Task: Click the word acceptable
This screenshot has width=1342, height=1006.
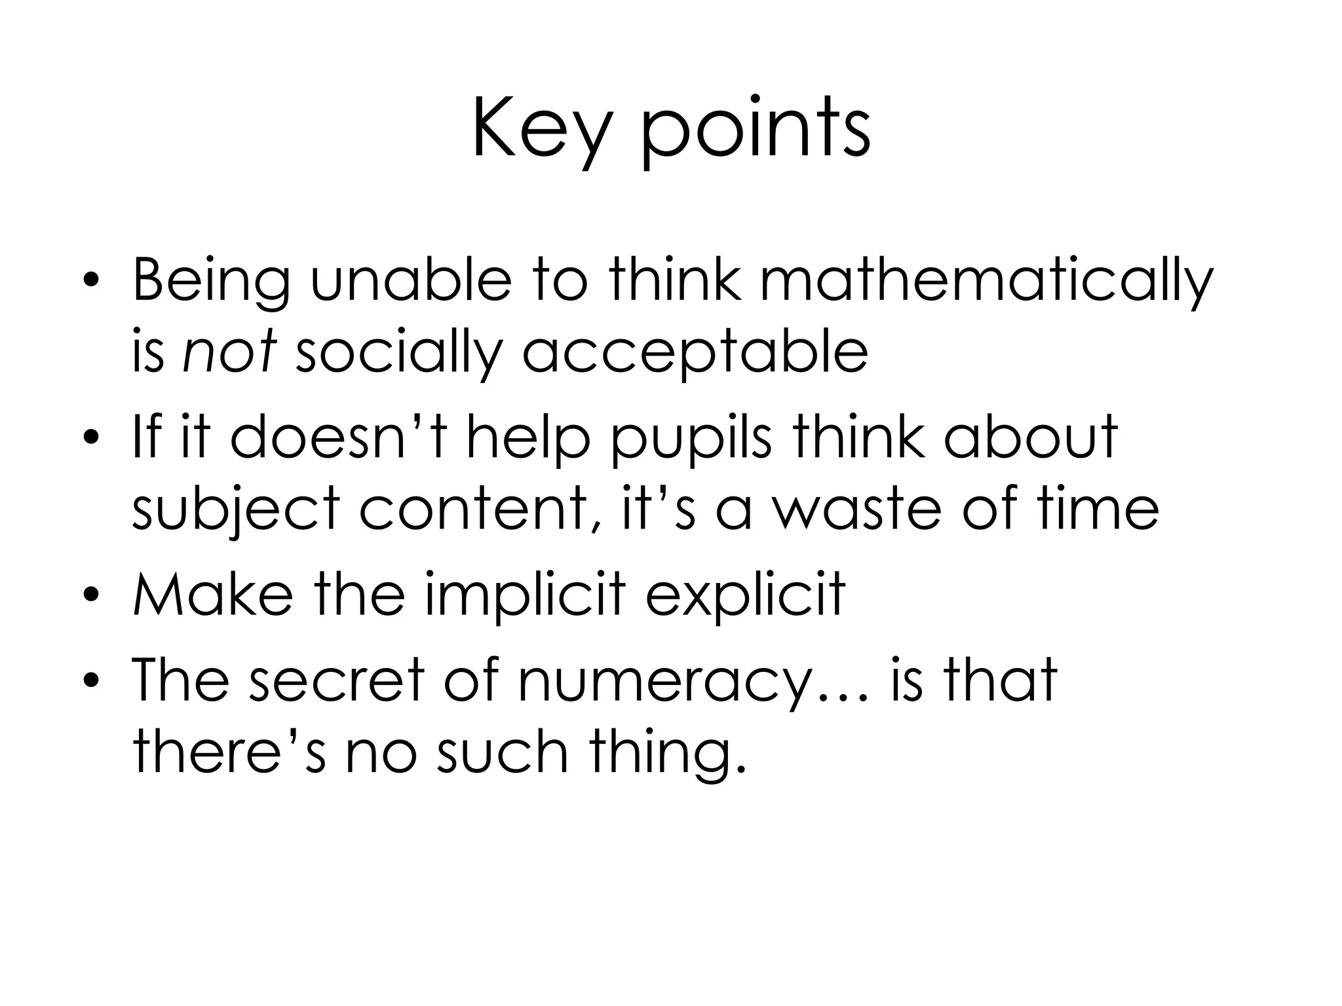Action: click(695, 354)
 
